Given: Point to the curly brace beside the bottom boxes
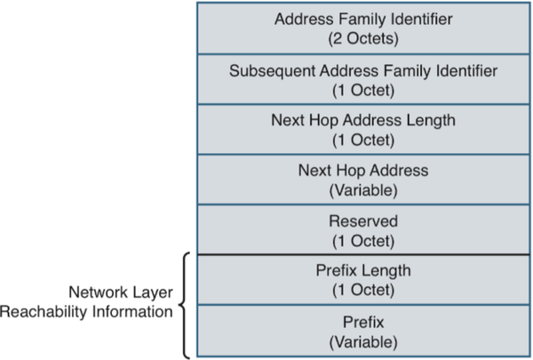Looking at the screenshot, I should [185, 305].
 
